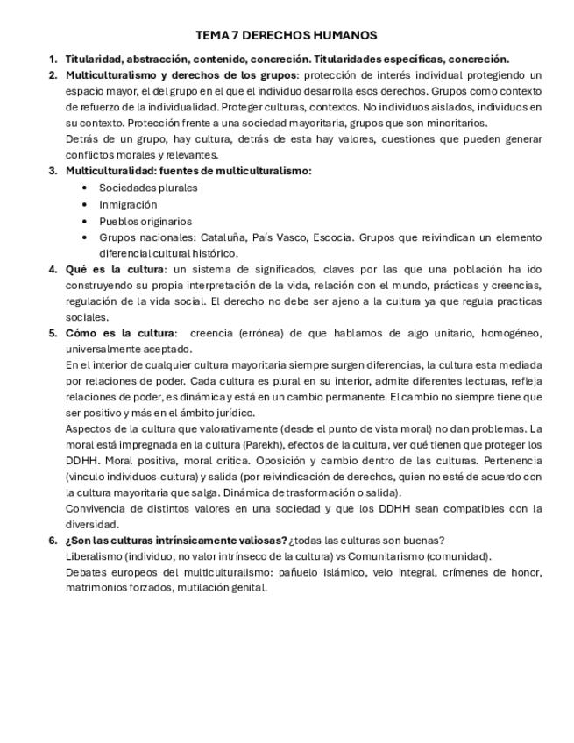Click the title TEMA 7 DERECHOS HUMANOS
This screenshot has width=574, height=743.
[287, 35]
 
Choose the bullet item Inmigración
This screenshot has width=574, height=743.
[128, 204]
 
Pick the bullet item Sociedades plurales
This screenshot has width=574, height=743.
[148, 188]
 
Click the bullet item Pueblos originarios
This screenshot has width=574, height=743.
[145, 221]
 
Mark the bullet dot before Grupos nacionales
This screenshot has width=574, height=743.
[84, 237]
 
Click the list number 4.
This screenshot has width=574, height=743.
[53, 269]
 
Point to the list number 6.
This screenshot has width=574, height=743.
[53, 540]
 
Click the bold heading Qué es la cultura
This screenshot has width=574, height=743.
[114, 269]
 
